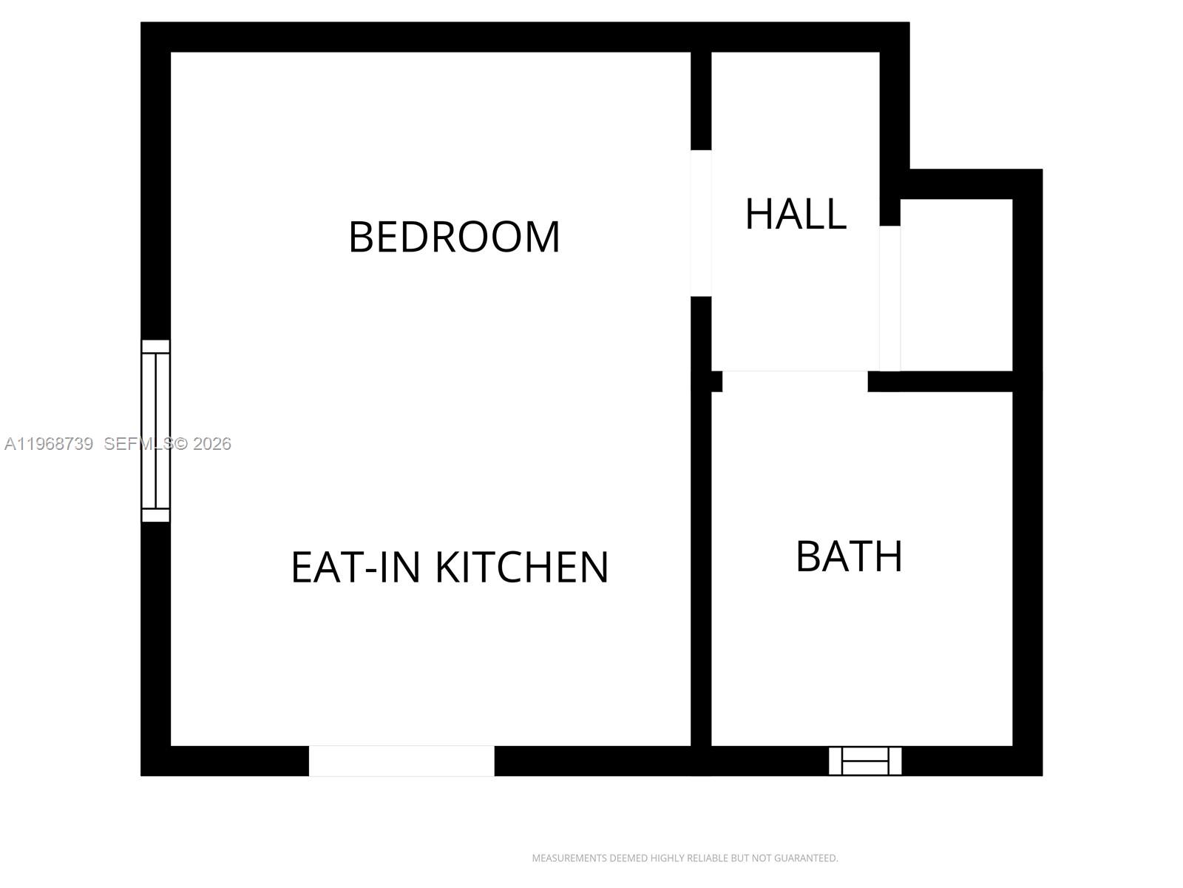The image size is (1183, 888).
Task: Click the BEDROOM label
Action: click(454, 237)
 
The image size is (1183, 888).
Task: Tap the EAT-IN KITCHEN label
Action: click(450, 567)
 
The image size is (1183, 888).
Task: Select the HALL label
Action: click(795, 214)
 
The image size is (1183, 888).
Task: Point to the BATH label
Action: click(849, 556)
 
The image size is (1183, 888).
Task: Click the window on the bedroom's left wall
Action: click(155, 431)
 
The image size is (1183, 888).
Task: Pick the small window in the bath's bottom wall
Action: click(864, 761)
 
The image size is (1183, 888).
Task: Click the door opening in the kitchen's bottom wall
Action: click(401, 761)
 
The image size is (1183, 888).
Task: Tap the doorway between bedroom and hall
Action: click(701, 223)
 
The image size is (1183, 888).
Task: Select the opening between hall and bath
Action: click(794, 380)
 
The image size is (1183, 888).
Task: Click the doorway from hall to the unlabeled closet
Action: click(890, 297)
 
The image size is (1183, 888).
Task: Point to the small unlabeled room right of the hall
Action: click(957, 285)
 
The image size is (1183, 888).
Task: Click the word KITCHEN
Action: click(521, 567)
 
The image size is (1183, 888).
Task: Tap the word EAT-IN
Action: click(357, 567)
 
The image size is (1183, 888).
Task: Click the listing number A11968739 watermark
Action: click(49, 444)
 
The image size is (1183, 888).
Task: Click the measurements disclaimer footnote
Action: click(685, 858)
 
